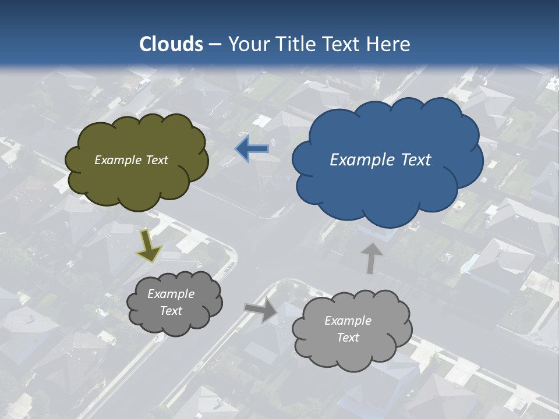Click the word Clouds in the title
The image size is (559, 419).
click(x=171, y=44)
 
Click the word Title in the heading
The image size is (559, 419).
click(x=296, y=44)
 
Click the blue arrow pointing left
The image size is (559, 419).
click(x=252, y=149)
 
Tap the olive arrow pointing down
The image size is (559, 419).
click(x=149, y=246)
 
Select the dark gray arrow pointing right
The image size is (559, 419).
click(x=261, y=310)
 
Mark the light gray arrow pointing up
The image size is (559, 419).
click(x=371, y=258)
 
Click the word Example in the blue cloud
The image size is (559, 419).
click(x=359, y=160)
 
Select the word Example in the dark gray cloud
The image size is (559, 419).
click(x=171, y=294)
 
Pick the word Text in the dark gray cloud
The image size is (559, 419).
click(x=171, y=311)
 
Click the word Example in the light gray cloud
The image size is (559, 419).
click(x=348, y=321)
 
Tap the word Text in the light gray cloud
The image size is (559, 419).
click(x=348, y=338)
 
